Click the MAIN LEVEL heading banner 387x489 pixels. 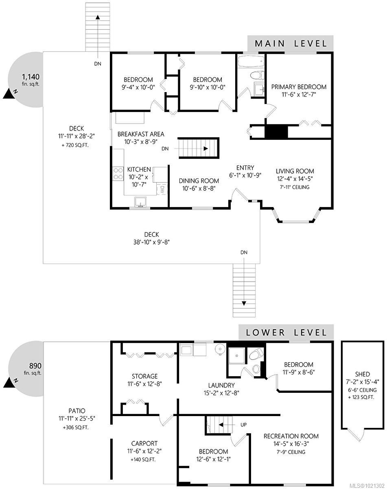click(290, 43)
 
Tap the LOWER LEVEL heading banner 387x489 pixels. click(286, 332)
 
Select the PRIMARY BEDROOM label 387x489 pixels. click(299, 87)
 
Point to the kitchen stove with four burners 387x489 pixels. click(118, 173)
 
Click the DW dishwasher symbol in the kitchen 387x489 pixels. click(162, 189)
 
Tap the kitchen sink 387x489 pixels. click(141, 202)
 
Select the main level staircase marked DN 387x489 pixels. click(199, 148)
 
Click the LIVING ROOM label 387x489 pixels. click(295, 171)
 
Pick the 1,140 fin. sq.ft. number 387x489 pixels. click(31, 76)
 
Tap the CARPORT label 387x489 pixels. click(144, 443)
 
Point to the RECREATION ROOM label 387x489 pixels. click(291, 436)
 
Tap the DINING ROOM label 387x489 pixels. click(197, 181)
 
